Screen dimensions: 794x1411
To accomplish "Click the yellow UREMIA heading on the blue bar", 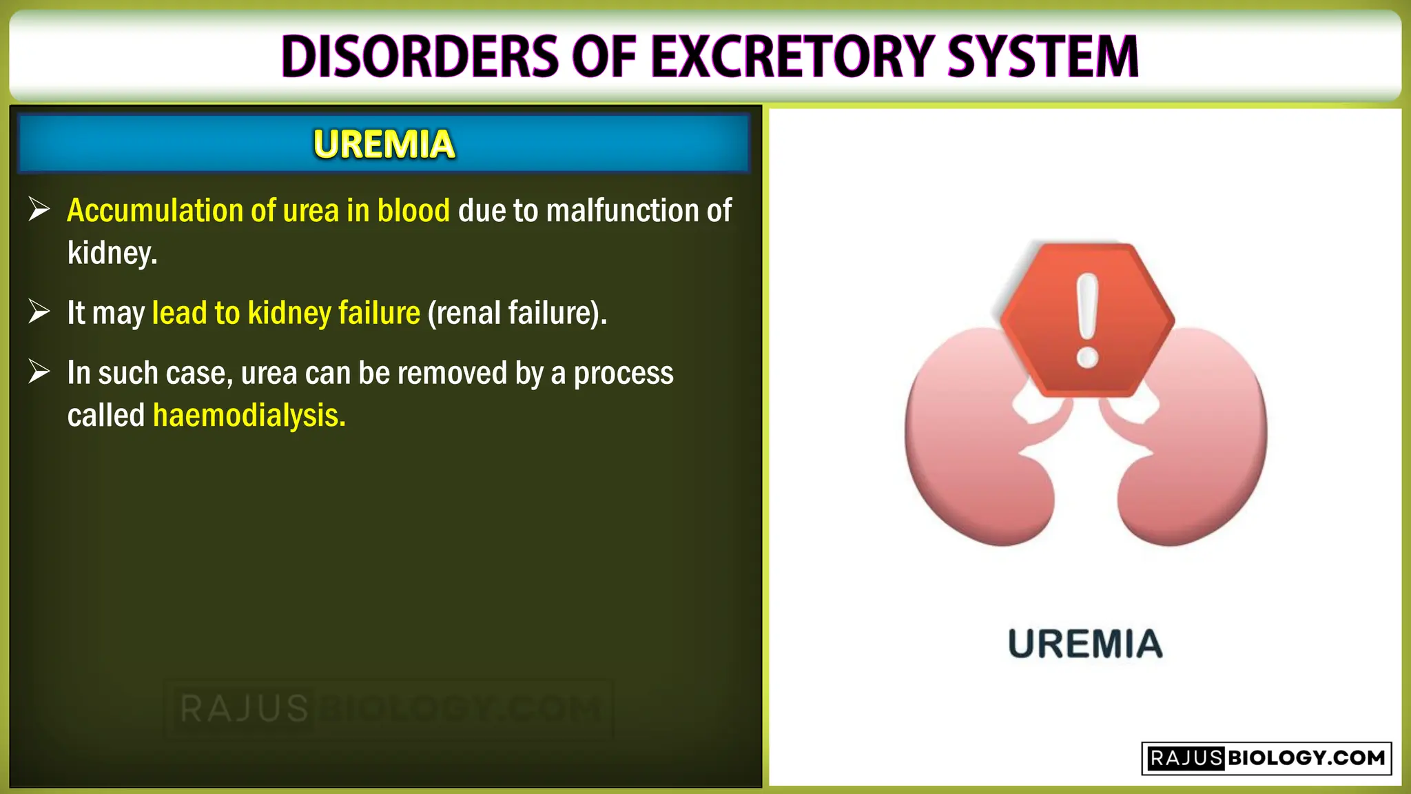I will click(x=384, y=144).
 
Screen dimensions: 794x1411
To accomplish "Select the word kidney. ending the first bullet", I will click(x=112, y=253).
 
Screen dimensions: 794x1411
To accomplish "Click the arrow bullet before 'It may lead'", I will click(x=39, y=312).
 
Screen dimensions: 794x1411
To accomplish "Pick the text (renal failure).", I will click(x=517, y=313).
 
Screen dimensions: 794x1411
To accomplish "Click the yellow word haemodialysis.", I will click(x=249, y=416).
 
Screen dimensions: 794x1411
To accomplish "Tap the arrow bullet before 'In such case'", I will click(x=39, y=372).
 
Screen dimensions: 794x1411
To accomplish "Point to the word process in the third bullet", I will click(x=624, y=374).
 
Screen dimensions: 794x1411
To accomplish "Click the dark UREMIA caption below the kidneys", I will click(x=1085, y=644).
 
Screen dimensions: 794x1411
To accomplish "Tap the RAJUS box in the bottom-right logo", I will click(x=1185, y=758).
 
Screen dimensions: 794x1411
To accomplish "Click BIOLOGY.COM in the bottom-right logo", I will click(x=1306, y=758).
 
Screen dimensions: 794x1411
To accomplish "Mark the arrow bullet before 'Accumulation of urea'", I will click(x=39, y=210).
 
